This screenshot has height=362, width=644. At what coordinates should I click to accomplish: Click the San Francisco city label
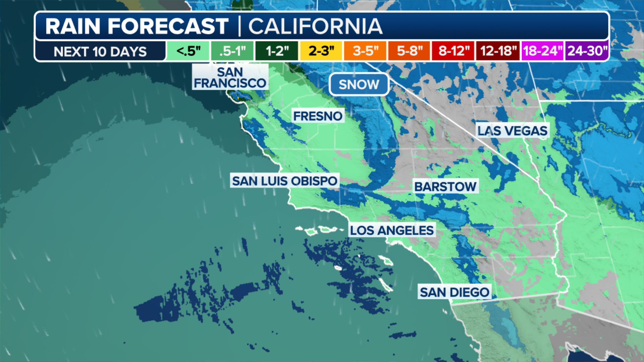click(x=230, y=77)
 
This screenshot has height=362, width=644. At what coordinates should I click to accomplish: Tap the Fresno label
click(x=318, y=116)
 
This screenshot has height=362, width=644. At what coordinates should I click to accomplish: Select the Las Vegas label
click(x=512, y=131)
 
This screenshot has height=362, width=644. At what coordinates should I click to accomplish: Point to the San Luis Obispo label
click(x=284, y=181)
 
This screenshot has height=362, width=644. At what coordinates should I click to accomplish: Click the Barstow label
click(x=445, y=186)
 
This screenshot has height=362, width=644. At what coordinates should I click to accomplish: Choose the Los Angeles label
click(x=392, y=230)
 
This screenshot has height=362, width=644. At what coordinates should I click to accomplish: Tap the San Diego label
click(x=454, y=292)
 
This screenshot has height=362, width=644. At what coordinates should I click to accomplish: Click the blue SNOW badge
click(x=359, y=84)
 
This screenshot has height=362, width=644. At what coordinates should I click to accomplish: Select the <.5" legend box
click(x=188, y=51)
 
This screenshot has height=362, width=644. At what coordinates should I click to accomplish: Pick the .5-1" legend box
click(x=232, y=51)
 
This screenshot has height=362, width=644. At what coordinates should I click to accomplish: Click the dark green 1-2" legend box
click(x=277, y=51)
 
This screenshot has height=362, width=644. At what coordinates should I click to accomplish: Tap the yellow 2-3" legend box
click(x=321, y=51)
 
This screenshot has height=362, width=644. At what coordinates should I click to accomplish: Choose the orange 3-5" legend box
click(x=365, y=51)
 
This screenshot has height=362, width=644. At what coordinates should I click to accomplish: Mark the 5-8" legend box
click(x=409, y=51)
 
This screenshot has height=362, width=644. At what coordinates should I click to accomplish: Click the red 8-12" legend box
click(x=453, y=51)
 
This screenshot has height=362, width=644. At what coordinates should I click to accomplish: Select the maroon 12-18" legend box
click(x=498, y=51)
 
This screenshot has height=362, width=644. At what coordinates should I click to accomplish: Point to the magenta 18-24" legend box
click(x=542, y=51)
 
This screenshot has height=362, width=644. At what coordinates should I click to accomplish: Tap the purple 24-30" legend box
click(x=587, y=51)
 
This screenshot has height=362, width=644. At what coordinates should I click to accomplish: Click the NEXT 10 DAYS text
click(x=100, y=52)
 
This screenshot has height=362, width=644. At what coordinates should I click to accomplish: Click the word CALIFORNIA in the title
click(x=315, y=26)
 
